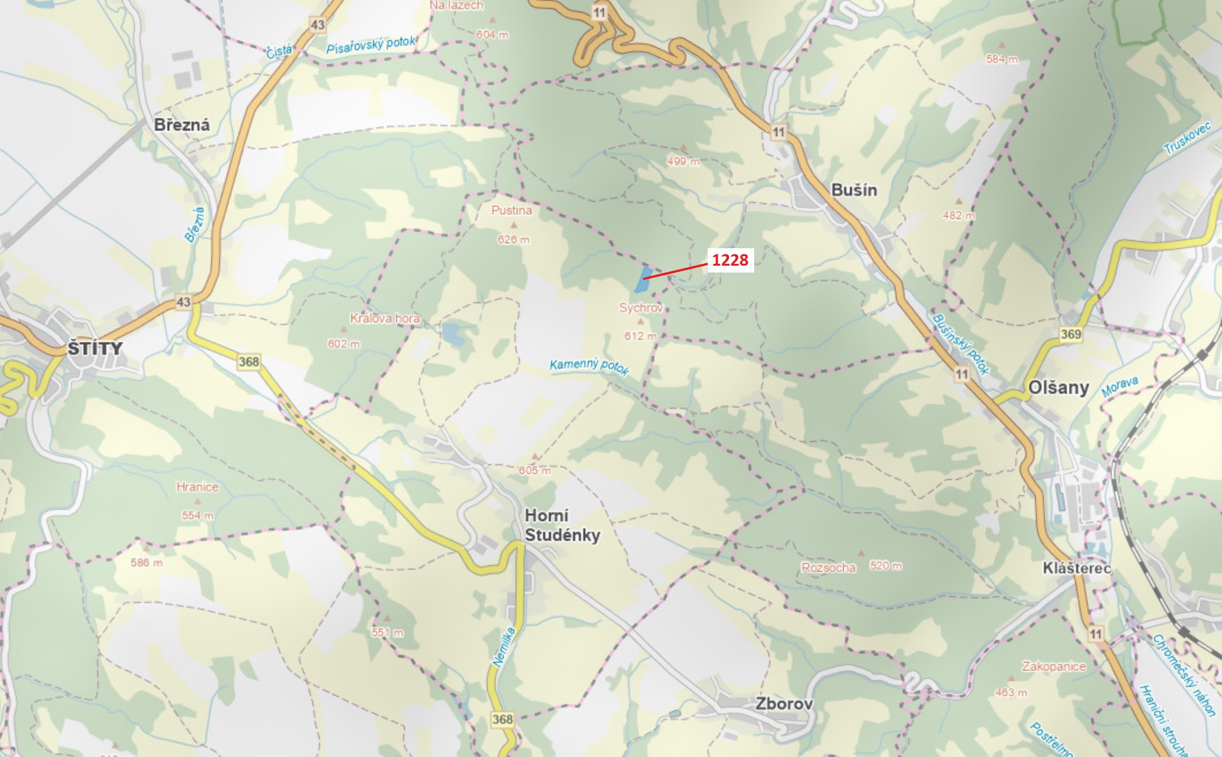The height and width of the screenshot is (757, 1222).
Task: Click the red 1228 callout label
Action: pos(730,260)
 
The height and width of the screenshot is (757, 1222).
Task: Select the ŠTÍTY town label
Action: pos(95,348)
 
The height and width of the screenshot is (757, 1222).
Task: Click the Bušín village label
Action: pos(853,190)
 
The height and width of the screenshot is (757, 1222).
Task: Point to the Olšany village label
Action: pos(1058,387)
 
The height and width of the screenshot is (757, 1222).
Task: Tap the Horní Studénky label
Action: pos(562,525)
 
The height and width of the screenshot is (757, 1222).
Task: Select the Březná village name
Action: pos(181,125)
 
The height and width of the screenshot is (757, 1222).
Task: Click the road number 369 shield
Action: pos(1070,334)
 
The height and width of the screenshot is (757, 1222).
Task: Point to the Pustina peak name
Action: pos(511,211)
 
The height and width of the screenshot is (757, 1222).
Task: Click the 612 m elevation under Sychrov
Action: pos(639,336)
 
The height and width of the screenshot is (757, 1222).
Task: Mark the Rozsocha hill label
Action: pos(828,567)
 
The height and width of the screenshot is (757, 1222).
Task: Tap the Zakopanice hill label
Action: pos(1053,666)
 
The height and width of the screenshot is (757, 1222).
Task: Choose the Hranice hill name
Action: pos(197,487)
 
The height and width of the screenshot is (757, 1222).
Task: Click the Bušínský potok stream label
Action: pos(960,344)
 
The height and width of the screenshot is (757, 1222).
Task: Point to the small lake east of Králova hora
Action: pos(454,333)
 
